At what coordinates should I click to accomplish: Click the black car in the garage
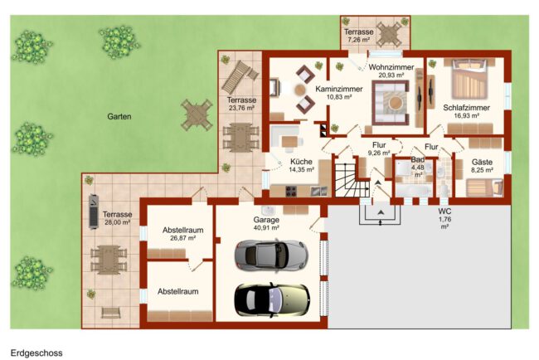pyautogui.click(x=271, y=299)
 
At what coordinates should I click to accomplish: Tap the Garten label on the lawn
pyautogui.click(x=119, y=117)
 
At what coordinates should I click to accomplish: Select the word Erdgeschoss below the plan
pyautogui.click(x=36, y=353)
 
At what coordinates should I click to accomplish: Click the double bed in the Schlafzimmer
pyautogui.click(x=469, y=80)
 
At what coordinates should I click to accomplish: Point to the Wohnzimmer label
pyautogui.click(x=391, y=67)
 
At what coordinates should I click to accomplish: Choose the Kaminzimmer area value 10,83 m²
pyautogui.click(x=339, y=97)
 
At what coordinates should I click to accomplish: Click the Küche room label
pyautogui.click(x=301, y=162)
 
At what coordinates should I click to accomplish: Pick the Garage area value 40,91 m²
pyautogui.click(x=266, y=227)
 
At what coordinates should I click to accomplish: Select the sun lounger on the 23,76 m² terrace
pyautogui.click(x=240, y=76)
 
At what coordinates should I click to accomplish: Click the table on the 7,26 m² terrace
pyautogui.click(x=389, y=34)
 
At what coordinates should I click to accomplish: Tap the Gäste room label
pyautogui.click(x=482, y=162)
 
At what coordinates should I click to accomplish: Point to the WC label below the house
pyautogui.click(x=444, y=212)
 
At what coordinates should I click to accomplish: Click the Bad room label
pyautogui.click(x=418, y=159)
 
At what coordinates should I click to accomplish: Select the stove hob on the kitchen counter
pyautogui.click(x=291, y=191)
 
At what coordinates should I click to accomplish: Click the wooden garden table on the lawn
pyautogui.click(x=197, y=114)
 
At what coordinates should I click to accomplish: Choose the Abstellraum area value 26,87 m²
pyautogui.click(x=183, y=238)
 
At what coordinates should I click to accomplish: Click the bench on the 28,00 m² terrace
pyautogui.click(x=111, y=313)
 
